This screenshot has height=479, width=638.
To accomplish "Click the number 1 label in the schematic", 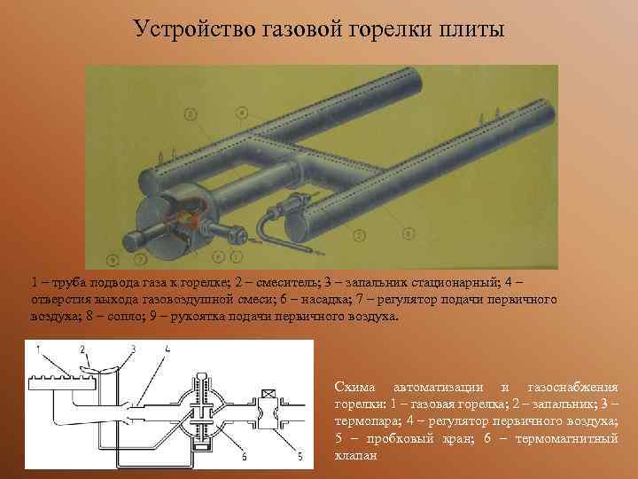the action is coord(38,349).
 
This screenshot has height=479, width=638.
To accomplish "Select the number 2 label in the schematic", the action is coord(82,349).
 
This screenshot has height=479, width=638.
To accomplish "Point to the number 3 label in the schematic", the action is coord(132,349).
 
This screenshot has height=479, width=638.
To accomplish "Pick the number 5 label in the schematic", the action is coord(300,457).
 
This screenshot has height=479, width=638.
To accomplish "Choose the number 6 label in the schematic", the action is coord(244,457).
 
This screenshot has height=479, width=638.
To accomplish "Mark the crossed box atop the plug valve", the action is coord(268,397).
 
